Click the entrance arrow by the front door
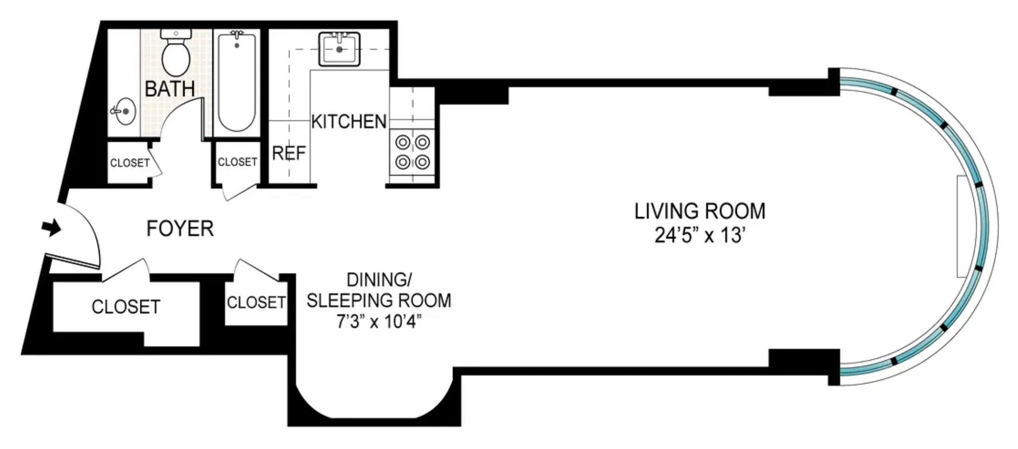[x=52, y=228]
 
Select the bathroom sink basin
[x=125, y=111]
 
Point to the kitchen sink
[x=339, y=49]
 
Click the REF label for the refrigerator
[x=289, y=153]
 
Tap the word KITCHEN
[x=348, y=122]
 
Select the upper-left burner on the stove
[x=403, y=142]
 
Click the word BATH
[x=170, y=88]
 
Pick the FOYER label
[x=180, y=229]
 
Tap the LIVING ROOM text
[x=700, y=211]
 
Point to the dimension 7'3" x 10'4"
[x=379, y=322]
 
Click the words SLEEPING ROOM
[x=379, y=301]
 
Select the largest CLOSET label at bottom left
[x=126, y=307]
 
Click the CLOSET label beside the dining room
[x=256, y=303]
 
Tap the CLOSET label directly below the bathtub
[x=237, y=162]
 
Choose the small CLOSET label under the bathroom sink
[x=130, y=163]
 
